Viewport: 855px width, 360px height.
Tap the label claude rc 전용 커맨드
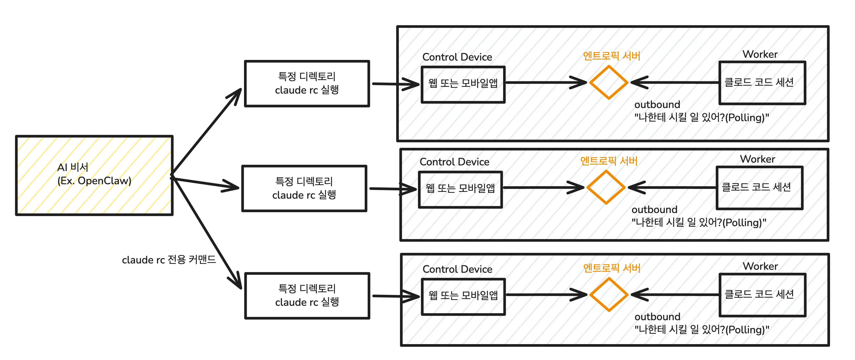pyautogui.click(x=169, y=260)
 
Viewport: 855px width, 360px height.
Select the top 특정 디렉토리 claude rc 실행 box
pyautogui.click(x=307, y=83)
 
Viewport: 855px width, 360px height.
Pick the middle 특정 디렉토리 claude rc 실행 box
pyautogui.click(x=304, y=188)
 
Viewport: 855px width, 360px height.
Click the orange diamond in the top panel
pyautogui.click(x=608, y=82)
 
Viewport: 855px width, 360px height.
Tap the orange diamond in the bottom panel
pyautogui.click(x=609, y=295)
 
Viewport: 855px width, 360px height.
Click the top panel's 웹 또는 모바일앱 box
pyautogui.click(x=463, y=84)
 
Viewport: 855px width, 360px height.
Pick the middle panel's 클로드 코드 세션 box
pyautogui.click(x=759, y=188)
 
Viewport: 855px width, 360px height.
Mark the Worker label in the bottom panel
pyautogui.click(x=760, y=266)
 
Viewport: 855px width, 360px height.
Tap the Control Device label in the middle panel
pyautogui.click(x=454, y=162)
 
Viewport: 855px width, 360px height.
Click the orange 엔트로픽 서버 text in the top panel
pyautogui.click(x=611, y=56)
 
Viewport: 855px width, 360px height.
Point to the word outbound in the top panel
pyautogui.click(x=657, y=105)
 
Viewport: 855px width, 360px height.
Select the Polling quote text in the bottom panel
pyautogui.click(x=701, y=330)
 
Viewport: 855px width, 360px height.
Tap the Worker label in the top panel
pyautogui.click(x=760, y=54)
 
